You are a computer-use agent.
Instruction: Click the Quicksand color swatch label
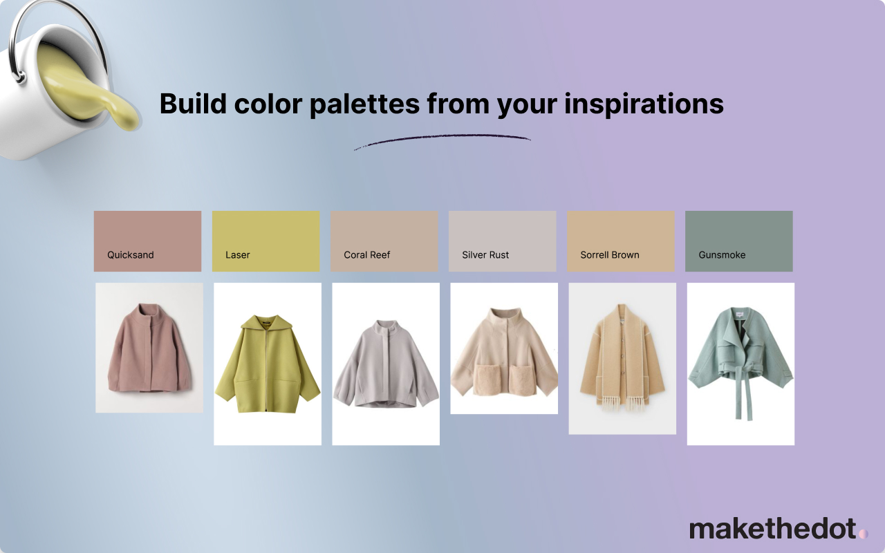(131, 255)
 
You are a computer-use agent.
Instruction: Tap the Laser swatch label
(237, 255)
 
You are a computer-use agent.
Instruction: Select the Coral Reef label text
(366, 255)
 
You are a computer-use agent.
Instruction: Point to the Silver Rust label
(485, 255)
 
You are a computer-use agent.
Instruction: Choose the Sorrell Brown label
(610, 255)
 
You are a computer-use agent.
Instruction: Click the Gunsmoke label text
(722, 255)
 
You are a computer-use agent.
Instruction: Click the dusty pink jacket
(150, 348)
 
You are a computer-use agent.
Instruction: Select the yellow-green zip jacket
(268, 364)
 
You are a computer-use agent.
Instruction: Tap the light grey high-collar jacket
(386, 364)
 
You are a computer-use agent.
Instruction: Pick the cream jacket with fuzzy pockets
(504, 353)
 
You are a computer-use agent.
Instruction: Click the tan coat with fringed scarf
(622, 357)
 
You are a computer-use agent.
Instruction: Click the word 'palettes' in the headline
(364, 104)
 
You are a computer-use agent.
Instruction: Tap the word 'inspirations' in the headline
(644, 104)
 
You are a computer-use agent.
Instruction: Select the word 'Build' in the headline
(193, 104)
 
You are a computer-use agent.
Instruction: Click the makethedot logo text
(773, 529)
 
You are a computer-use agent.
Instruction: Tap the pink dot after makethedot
(864, 534)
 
